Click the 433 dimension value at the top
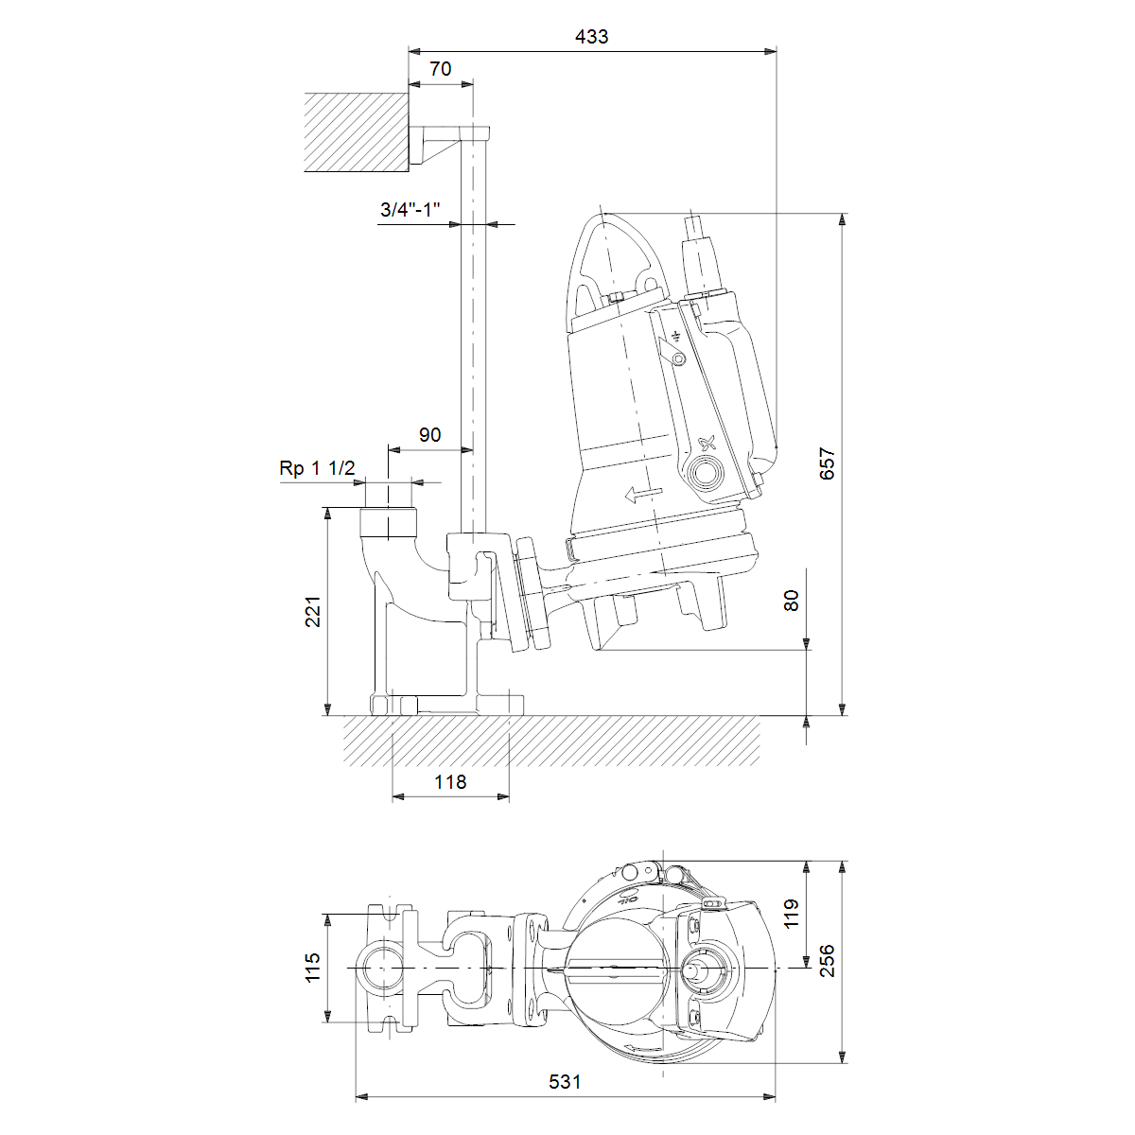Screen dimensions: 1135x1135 591,37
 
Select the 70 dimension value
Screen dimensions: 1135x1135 441,69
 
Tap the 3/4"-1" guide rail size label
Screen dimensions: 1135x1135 410,210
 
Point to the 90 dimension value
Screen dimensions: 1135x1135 430,435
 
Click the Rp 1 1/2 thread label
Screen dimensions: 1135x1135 317,468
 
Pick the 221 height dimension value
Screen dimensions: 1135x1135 313,611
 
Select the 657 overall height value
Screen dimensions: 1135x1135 828,464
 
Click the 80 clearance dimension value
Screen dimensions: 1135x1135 791,601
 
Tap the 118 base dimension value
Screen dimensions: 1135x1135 450,782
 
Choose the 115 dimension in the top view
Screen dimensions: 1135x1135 313,968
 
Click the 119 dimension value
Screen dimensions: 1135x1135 791,914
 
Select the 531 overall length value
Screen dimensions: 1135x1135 565,1082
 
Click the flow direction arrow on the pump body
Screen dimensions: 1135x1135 643,494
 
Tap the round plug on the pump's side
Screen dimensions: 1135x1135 705,472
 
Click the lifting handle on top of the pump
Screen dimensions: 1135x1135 613,259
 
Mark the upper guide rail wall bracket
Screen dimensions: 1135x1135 449,144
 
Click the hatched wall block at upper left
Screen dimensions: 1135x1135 357,132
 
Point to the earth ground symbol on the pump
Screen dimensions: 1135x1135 675,337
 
